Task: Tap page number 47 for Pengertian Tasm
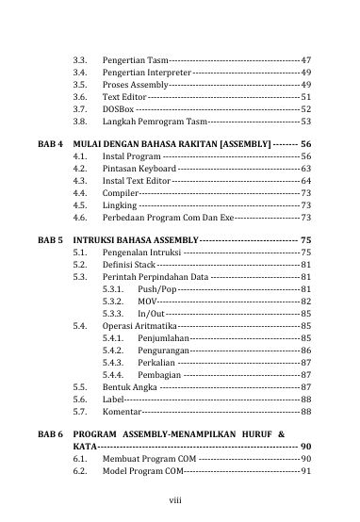pyautogui.click(x=305, y=59)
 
